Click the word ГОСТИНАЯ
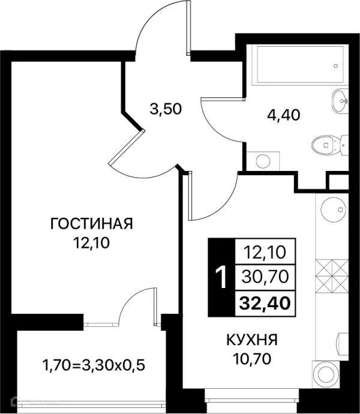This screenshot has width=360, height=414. [x=91, y=224]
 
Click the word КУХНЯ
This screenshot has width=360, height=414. [x=252, y=340]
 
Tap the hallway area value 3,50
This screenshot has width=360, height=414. [x=166, y=109]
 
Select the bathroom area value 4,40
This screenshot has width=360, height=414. [x=283, y=115]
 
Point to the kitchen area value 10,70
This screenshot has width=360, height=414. [x=252, y=359]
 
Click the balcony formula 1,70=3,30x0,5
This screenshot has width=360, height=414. [x=94, y=366]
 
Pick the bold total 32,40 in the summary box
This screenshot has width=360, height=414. [x=265, y=304]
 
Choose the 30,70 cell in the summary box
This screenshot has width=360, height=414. [x=265, y=277]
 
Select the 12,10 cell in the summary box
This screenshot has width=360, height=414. [x=265, y=252]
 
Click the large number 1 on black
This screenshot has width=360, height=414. [x=221, y=277]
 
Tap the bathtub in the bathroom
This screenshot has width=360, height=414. [x=300, y=65]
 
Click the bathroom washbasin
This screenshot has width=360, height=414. [x=340, y=101]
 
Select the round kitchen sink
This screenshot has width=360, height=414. [x=334, y=209]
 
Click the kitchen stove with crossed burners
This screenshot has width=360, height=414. [x=332, y=277]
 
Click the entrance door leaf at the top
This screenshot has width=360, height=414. [x=188, y=27]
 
